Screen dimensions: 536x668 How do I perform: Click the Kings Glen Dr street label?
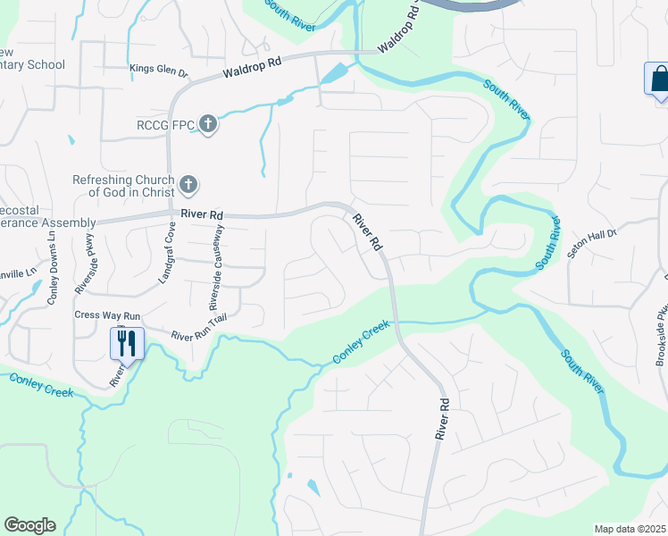click(x=159, y=70)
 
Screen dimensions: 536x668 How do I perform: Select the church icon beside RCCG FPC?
click(x=207, y=124)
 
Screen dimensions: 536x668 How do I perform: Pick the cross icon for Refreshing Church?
click(x=188, y=185)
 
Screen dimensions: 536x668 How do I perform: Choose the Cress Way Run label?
click(x=107, y=315)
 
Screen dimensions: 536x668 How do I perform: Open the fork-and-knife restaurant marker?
click(x=126, y=342)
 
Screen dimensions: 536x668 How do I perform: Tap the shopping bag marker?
click(x=657, y=78)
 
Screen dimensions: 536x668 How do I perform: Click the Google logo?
click(x=29, y=525)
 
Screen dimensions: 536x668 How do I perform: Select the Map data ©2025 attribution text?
click(x=630, y=529)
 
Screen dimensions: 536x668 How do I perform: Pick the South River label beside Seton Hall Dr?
click(x=550, y=242)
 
